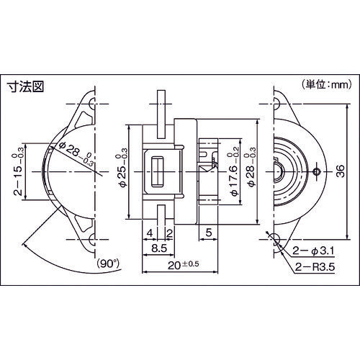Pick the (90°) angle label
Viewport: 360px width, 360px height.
pos(109,263)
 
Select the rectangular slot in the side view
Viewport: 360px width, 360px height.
pos(156,173)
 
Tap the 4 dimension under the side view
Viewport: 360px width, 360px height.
pos(148,233)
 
